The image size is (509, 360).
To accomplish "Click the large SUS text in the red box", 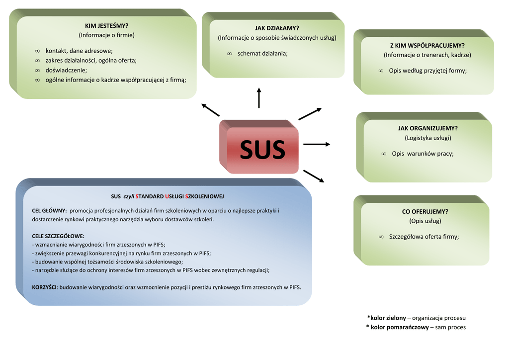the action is [x=262, y=149].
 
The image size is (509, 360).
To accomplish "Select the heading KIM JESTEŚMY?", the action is [x=106, y=26].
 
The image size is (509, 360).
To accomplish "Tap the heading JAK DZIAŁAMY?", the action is [x=277, y=28].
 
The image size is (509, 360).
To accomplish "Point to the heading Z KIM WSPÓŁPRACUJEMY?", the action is [x=427, y=45].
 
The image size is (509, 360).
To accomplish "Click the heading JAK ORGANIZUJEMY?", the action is [x=428, y=128].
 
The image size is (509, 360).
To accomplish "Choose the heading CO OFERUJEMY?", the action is [x=425, y=212].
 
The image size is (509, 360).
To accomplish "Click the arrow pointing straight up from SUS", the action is [x=258, y=98].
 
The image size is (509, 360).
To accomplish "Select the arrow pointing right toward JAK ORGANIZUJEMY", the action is [x=317, y=144].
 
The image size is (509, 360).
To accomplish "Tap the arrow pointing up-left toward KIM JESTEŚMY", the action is [x=210, y=110].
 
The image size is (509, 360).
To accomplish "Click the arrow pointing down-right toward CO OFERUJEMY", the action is [x=314, y=176].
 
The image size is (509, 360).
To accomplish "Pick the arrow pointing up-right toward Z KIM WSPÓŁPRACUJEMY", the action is [x=310, y=114].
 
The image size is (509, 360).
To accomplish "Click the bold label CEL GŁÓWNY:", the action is [x=49, y=211].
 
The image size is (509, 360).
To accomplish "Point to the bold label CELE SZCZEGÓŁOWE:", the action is [x=58, y=236].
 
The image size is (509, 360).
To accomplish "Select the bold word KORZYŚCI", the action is [x=44, y=287].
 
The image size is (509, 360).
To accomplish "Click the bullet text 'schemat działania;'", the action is [x=262, y=54].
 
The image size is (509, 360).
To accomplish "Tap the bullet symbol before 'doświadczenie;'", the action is [x=37, y=71].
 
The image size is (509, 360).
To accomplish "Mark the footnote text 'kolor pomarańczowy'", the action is [x=400, y=327].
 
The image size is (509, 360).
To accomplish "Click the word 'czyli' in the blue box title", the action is [x=129, y=196].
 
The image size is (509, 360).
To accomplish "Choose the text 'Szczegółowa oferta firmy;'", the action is [x=424, y=237].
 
